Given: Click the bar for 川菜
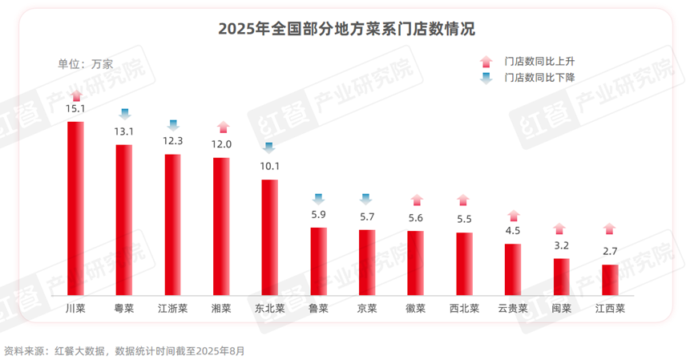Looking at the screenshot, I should coord(75,208).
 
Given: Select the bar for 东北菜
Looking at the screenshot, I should coord(270,237).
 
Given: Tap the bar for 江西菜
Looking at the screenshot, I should coord(610,280).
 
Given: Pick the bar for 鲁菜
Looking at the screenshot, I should coord(318,261).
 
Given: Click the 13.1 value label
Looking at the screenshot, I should coord(124,131).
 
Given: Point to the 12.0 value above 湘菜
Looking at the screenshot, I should coord(221,144).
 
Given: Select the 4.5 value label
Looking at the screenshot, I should coord(513,231).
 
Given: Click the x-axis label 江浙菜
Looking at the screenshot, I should coord(172,307).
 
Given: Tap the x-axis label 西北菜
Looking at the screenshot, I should coord(464,307).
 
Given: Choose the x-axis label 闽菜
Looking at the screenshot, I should coord(561,307).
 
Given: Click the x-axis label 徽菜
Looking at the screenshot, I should coord(415,307).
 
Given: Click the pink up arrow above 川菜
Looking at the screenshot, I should coord(75,95).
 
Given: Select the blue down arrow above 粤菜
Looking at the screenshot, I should coord(124,113).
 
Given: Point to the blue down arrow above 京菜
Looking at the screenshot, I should coord(366,199).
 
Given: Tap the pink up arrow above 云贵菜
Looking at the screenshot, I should coord(513,215).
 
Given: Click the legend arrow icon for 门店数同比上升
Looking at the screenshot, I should coord(486,61).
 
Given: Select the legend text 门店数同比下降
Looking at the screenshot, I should coord(540,78).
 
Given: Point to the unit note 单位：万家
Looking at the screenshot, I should coord(86,63).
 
